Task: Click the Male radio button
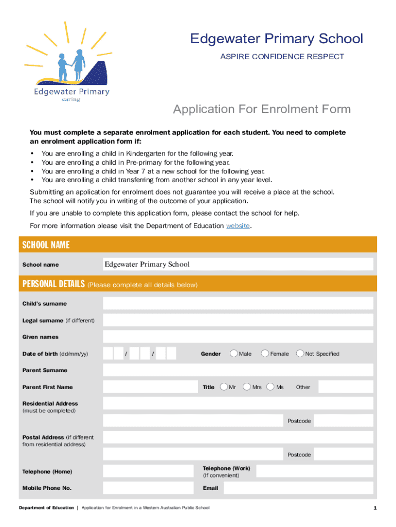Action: (x=234, y=354)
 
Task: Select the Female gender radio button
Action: (x=265, y=354)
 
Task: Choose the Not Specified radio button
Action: (x=300, y=354)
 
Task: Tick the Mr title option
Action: (x=224, y=387)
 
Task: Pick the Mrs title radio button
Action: (x=247, y=387)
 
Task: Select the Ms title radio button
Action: (x=271, y=387)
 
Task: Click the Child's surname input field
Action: (x=238, y=304)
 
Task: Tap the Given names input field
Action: (x=238, y=337)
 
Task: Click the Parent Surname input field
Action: (x=238, y=370)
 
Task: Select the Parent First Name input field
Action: (x=150, y=387)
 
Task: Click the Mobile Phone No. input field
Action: (x=150, y=488)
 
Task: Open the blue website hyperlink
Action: (x=238, y=226)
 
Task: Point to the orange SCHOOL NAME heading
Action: (x=46, y=245)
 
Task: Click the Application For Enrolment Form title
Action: (x=262, y=109)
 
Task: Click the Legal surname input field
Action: (x=238, y=320)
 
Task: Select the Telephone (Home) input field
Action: (x=150, y=471)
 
